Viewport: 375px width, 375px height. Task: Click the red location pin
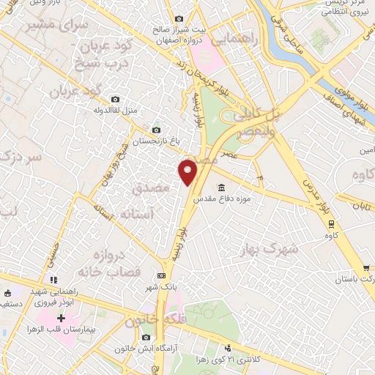188,172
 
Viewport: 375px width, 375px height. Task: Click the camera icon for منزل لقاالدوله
114,99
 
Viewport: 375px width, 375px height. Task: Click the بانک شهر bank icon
161,276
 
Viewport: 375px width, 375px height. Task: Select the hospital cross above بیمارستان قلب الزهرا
62,319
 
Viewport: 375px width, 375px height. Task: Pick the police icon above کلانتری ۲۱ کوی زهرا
229,347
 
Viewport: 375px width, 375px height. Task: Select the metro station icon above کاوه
331,224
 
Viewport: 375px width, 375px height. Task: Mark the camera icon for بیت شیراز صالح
179,18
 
